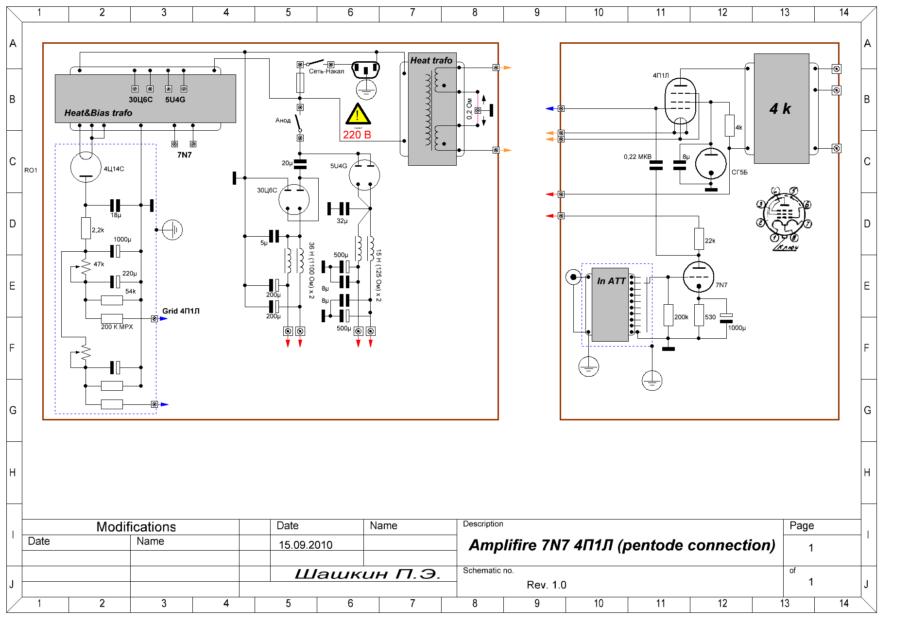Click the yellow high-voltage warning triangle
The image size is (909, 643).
pyautogui.click(x=358, y=115)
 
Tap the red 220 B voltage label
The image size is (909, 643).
pyautogui.click(x=357, y=135)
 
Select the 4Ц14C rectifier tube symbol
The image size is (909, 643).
pyautogui.click(x=86, y=167)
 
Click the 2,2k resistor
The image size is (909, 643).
pyautogui.click(x=86, y=228)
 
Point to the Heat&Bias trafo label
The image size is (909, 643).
pyautogui.click(x=98, y=113)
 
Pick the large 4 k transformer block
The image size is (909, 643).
pyautogui.click(x=781, y=108)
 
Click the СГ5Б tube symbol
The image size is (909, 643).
pyautogui.click(x=711, y=164)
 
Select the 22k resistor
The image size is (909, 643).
pyautogui.click(x=699, y=239)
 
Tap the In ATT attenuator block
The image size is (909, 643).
pyautogui.click(x=610, y=304)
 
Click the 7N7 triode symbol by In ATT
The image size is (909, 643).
pyautogui.click(x=698, y=277)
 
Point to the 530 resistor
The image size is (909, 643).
pyautogui.click(x=699, y=315)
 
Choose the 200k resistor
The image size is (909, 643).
pyautogui.click(x=668, y=315)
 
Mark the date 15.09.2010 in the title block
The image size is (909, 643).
pyautogui.click(x=306, y=545)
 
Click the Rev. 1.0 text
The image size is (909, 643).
pyautogui.click(x=546, y=585)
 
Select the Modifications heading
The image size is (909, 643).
pyautogui.click(x=136, y=527)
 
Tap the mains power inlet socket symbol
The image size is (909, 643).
pyautogui.click(x=365, y=70)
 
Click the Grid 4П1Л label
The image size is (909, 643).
pyautogui.click(x=181, y=311)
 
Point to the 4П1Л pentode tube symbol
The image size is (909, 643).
pyautogui.click(x=680, y=102)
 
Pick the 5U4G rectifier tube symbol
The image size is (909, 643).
pyautogui.click(x=364, y=175)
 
